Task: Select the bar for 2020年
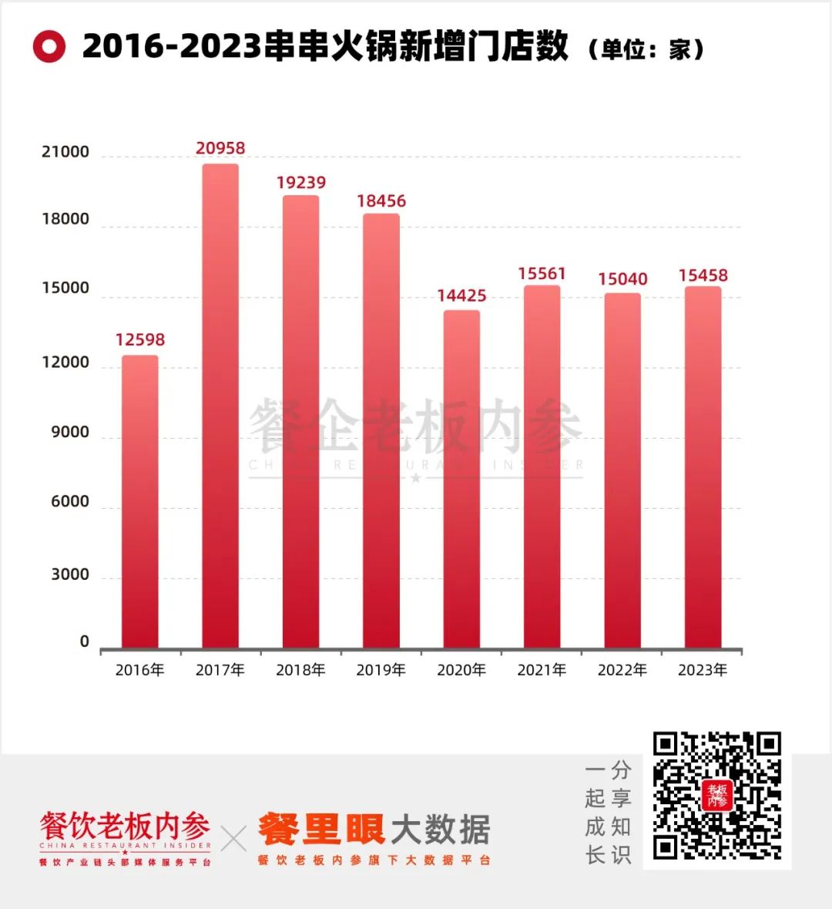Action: tap(461, 479)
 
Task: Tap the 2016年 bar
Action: tap(140, 501)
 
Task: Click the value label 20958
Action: tap(220, 148)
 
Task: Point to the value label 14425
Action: tap(461, 295)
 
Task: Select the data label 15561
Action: tap(542, 274)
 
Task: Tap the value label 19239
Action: tap(301, 183)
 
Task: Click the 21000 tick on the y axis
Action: tap(65, 152)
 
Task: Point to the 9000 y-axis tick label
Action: tap(70, 433)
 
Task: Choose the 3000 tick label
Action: tap(70, 574)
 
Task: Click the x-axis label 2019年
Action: tap(381, 670)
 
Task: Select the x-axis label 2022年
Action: tap(622, 670)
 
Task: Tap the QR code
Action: tap(716, 796)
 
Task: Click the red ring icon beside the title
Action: tap(49, 47)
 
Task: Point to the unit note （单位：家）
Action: tap(646, 49)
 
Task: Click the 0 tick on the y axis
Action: tap(85, 642)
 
